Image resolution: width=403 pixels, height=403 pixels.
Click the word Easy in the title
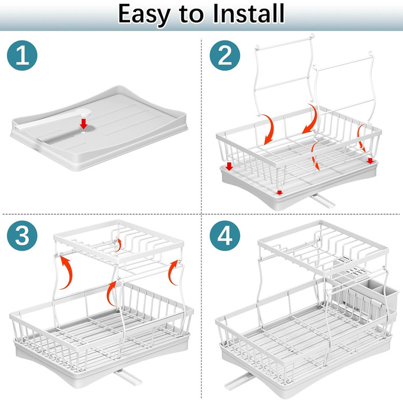click(144, 14)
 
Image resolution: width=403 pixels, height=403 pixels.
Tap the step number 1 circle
click(22, 55)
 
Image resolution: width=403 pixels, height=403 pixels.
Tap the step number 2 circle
click(225, 55)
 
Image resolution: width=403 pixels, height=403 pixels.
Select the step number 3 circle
click(22, 235)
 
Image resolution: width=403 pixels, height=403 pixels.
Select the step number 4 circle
click(225, 235)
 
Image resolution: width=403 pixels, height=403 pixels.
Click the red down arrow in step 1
click(83, 124)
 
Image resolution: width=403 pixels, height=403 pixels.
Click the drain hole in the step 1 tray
click(83, 134)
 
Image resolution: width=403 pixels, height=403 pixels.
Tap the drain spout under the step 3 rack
click(128, 377)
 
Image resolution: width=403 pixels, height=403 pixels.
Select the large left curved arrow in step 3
click(68, 273)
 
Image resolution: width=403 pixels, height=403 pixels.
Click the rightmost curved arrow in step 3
click(173, 272)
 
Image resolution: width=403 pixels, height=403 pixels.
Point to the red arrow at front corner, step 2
click(280, 192)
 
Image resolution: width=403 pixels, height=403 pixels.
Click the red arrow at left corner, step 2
click(229, 166)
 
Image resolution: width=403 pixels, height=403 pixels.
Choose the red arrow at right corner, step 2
click(370, 161)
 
